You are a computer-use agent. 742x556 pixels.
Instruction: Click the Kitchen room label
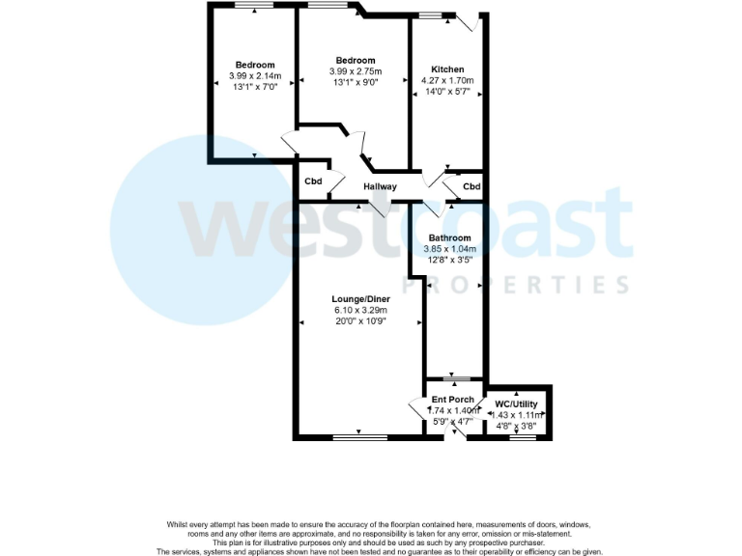[x=447, y=69]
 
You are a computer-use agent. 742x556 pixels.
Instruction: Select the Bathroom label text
[x=449, y=237]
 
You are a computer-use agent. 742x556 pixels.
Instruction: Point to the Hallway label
[x=380, y=186]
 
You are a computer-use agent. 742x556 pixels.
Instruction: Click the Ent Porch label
[x=452, y=400]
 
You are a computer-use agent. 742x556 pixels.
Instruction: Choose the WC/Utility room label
[x=516, y=403]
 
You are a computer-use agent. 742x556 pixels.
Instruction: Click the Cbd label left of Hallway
[x=313, y=181]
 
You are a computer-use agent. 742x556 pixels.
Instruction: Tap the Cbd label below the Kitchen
[x=471, y=186]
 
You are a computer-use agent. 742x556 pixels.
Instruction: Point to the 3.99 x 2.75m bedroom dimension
[x=355, y=71]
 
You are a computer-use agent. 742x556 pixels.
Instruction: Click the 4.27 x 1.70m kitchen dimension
[x=447, y=81]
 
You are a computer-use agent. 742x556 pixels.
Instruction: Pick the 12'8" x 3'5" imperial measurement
[x=449, y=260]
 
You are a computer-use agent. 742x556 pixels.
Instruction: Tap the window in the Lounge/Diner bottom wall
[x=360, y=438]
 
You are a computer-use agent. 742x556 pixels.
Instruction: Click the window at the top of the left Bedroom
[x=253, y=5]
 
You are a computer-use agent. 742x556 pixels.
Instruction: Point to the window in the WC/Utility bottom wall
[x=523, y=438]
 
